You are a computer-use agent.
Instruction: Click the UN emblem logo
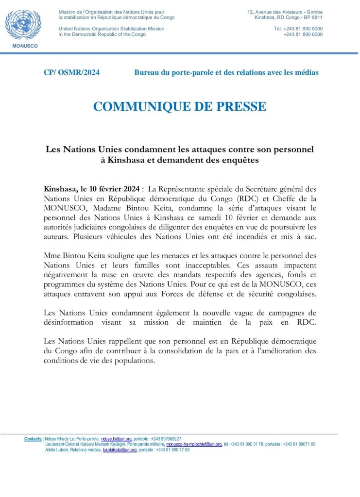coord(23,25)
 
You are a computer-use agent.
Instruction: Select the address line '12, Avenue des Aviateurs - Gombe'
coord(285,12)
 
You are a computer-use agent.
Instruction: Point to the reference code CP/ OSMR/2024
coord(71,73)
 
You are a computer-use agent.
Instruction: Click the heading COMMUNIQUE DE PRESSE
coord(180,107)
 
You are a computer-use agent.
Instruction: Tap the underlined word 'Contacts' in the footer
coord(33,439)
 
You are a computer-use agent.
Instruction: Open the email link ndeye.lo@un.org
coord(113,439)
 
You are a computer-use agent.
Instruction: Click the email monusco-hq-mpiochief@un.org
coord(194,444)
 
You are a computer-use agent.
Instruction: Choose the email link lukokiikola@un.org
coord(120,450)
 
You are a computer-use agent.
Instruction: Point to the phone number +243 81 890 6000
coord(303,34)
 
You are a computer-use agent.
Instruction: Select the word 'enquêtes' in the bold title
coord(239,159)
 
